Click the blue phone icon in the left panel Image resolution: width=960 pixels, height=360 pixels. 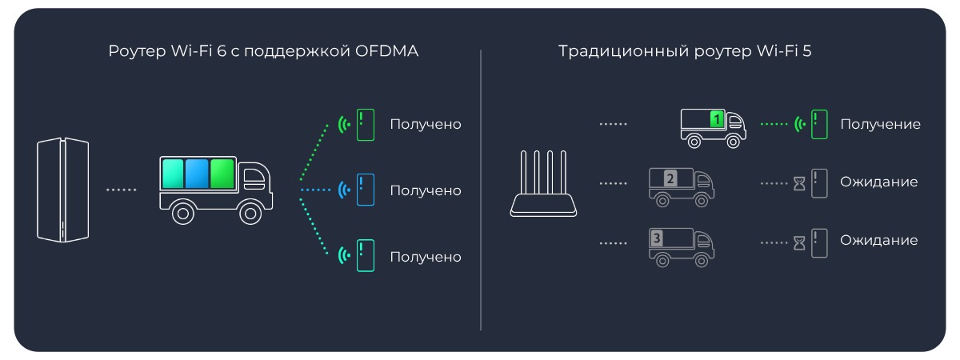365,190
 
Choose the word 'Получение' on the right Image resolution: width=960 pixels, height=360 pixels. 880,125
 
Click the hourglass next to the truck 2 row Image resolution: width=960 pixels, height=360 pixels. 799,185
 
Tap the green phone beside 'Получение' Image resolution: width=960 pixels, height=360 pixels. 818,125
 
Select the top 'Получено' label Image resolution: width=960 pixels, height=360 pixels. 426,125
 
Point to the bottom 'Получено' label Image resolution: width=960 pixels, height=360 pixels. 426,257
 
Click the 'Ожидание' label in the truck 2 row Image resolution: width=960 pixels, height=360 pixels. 878,182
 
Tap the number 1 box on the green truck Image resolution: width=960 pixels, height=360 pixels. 718,118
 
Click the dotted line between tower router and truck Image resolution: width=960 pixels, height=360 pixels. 122,190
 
